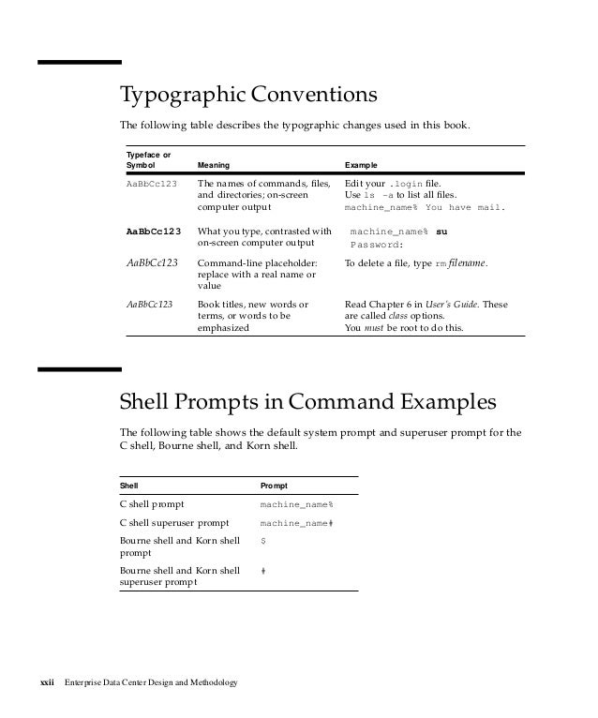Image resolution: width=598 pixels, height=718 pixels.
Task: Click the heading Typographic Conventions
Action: point(247,97)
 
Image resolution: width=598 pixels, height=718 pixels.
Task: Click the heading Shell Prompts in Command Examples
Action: point(306,404)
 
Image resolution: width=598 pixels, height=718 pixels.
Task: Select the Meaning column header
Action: point(214,165)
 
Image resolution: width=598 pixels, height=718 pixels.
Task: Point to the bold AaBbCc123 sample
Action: point(154,231)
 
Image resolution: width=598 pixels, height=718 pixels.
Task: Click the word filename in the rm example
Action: point(468,264)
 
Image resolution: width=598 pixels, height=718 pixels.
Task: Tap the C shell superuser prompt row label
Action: point(174,523)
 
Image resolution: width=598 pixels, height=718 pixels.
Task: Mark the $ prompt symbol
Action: point(262,541)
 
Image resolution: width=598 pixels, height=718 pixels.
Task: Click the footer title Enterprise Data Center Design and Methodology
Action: point(150,681)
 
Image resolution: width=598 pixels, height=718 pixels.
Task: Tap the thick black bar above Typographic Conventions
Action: point(80,63)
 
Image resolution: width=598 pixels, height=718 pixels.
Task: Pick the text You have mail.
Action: point(466,207)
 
